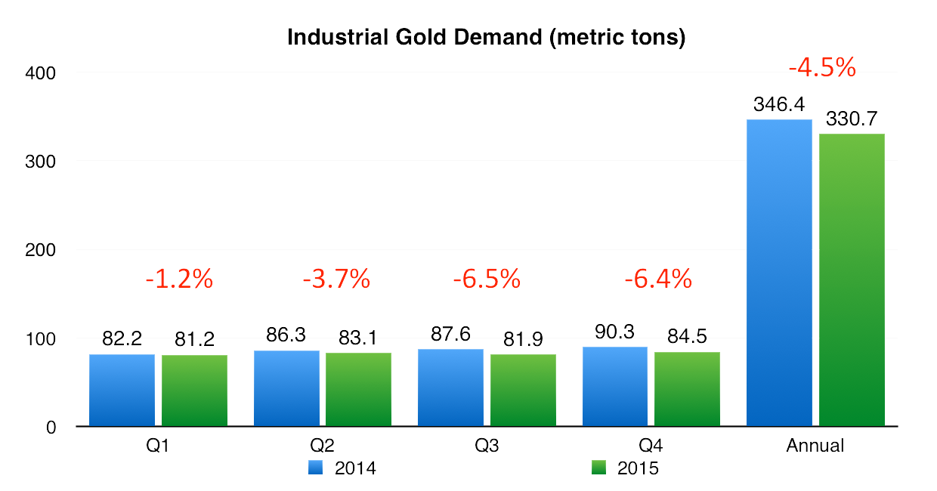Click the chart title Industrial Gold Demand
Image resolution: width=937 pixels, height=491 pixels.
486,38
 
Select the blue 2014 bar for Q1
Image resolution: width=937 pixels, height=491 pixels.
122,390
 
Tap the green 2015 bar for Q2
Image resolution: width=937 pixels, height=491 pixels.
358,389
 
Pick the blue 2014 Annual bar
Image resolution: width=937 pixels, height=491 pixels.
779,272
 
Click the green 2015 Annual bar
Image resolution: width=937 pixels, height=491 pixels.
852,279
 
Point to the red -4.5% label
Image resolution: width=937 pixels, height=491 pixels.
821,68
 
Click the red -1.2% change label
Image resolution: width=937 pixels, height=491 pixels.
179,279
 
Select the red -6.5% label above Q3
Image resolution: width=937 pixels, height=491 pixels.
487,279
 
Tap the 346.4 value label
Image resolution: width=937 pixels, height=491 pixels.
780,105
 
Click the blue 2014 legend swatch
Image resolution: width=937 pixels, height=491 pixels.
315,468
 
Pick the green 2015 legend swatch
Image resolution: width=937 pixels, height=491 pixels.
598,468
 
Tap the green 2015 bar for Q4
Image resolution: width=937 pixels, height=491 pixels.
687,389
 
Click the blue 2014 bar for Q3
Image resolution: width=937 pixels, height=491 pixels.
450,388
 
